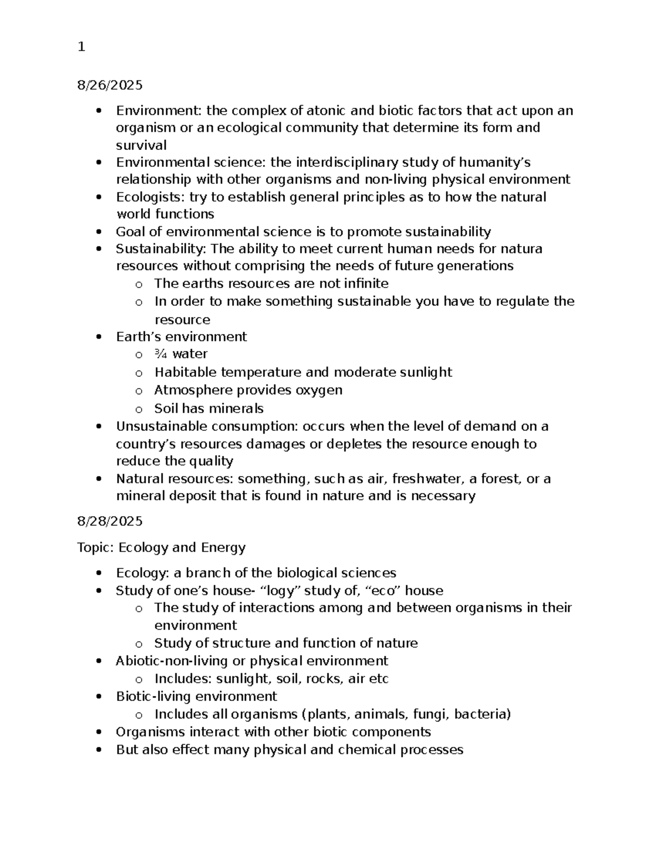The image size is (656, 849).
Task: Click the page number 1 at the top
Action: coord(81,48)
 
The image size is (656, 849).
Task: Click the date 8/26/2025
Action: coord(110,85)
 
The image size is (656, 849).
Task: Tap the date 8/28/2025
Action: coord(110,521)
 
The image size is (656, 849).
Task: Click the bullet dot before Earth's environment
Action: coord(99,337)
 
